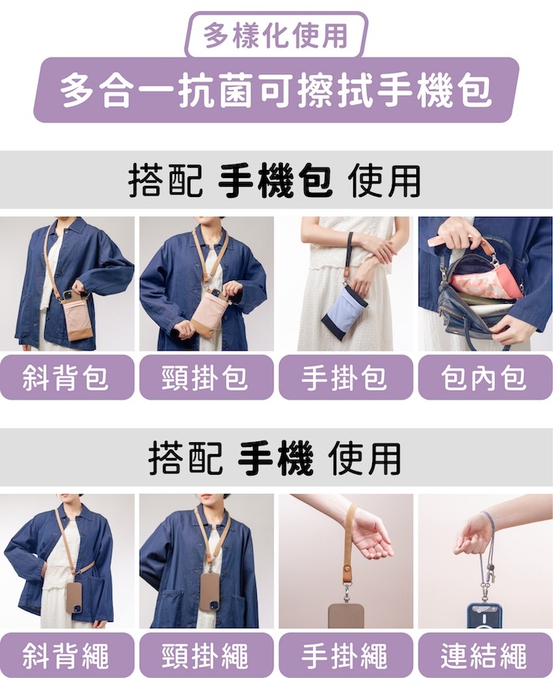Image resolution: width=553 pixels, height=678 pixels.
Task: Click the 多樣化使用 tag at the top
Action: click(276, 36)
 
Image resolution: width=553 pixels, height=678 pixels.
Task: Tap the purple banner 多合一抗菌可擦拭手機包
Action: click(276, 89)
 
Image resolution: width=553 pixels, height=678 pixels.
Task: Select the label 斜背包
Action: click(66, 377)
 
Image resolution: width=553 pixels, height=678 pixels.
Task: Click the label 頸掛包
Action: click(206, 377)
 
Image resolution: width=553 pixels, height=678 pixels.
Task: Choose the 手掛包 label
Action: click(345, 377)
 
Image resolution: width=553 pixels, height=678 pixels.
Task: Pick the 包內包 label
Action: click(485, 377)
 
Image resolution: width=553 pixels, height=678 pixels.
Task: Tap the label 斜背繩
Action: click(66, 655)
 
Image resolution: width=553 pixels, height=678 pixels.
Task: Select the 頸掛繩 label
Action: click(206, 655)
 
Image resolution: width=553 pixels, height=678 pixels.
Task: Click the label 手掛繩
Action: click(345, 655)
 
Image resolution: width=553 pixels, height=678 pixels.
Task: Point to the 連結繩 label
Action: click(485, 655)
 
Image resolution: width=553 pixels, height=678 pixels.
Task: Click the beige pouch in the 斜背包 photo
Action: click(77, 317)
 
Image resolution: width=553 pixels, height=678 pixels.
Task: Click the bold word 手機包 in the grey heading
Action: click(275, 180)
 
